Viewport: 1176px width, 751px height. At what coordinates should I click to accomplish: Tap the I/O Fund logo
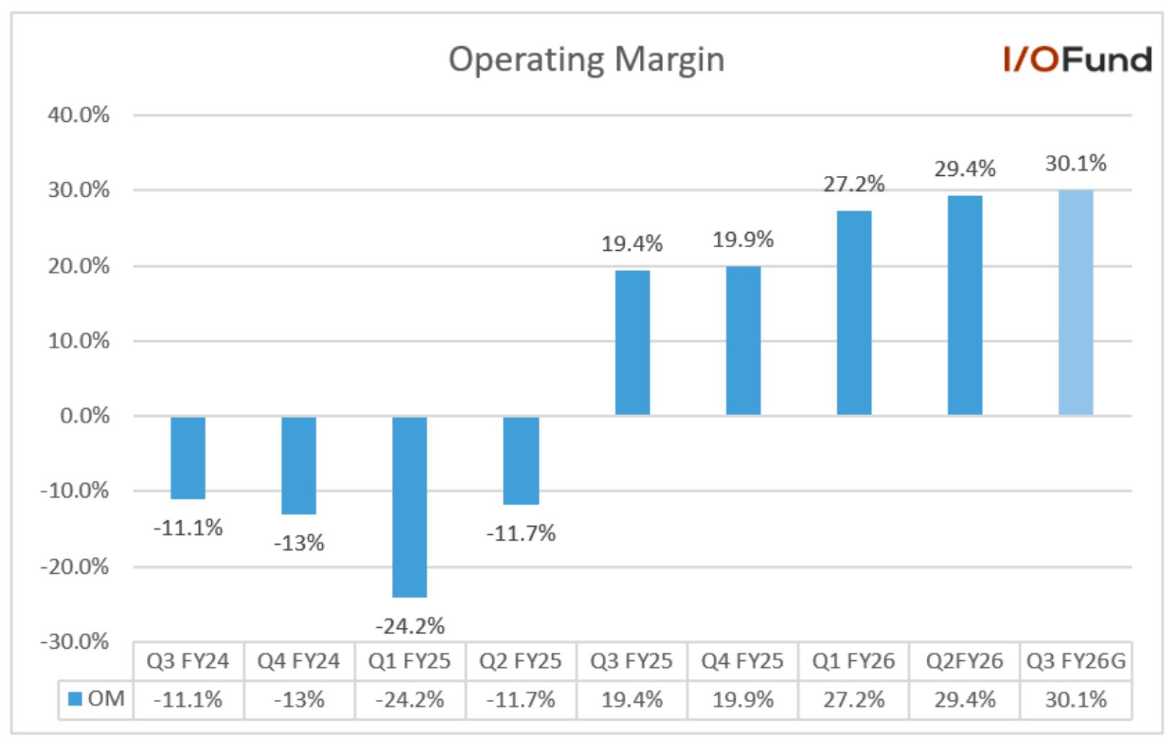coord(1077,59)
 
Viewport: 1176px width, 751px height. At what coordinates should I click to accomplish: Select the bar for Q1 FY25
coord(409,507)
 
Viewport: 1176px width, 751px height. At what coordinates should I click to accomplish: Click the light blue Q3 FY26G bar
coord(1076,303)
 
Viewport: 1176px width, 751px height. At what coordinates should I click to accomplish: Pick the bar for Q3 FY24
coord(188,458)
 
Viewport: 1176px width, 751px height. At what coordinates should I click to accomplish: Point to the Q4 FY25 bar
coord(744,341)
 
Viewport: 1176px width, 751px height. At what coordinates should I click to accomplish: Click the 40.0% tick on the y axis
coord(79,115)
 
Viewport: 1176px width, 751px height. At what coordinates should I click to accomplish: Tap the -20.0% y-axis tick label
coord(74,566)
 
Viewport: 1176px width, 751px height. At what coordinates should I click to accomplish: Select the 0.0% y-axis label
coord(84,416)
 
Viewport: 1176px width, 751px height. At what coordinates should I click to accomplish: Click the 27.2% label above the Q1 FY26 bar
coord(854,185)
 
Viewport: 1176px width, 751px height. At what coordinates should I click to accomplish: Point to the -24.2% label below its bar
coord(410,626)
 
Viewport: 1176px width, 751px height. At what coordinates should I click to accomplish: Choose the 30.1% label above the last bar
coord(1076,164)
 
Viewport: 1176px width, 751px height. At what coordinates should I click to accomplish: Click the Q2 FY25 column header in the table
coord(520,661)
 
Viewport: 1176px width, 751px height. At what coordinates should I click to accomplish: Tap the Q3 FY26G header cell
coord(1077,661)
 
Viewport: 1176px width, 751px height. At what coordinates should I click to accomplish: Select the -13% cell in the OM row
coord(299,700)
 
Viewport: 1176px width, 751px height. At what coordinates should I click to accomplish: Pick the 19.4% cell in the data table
coord(632,700)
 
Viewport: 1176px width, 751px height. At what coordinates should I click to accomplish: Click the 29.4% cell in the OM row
coord(965,700)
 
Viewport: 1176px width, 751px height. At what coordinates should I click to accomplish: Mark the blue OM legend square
coord(75,699)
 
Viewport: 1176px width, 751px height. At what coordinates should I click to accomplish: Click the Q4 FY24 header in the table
coord(299,661)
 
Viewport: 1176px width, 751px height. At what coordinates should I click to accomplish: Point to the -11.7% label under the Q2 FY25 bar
coord(521,533)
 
